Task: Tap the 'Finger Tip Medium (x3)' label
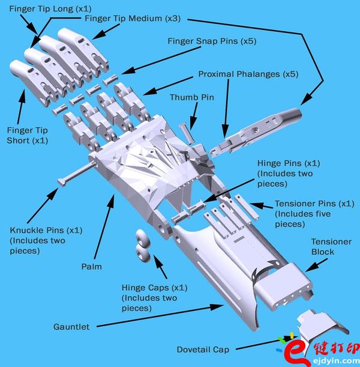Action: tap(132, 19)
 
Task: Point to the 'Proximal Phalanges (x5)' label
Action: tap(248, 74)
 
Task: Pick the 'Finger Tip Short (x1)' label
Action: tap(27, 135)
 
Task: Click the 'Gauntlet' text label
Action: tap(71, 327)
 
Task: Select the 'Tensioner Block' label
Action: tap(331, 246)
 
